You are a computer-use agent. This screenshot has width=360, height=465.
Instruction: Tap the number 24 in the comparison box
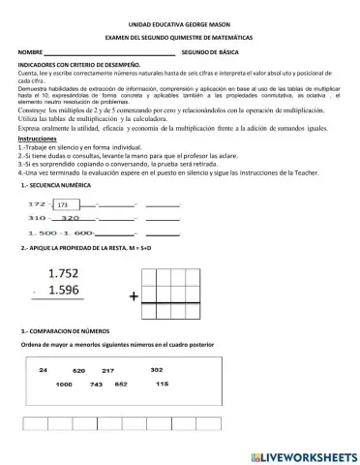[x=44, y=370]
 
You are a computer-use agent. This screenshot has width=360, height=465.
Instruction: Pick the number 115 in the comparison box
[x=162, y=385]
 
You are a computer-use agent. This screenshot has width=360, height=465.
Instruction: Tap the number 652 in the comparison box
[x=121, y=385]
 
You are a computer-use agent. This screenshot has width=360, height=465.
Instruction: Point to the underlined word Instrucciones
[x=38, y=139]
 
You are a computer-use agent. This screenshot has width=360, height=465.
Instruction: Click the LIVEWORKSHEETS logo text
[x=304, y=454]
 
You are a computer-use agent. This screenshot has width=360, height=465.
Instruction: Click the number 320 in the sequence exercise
[x=72, y=218]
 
